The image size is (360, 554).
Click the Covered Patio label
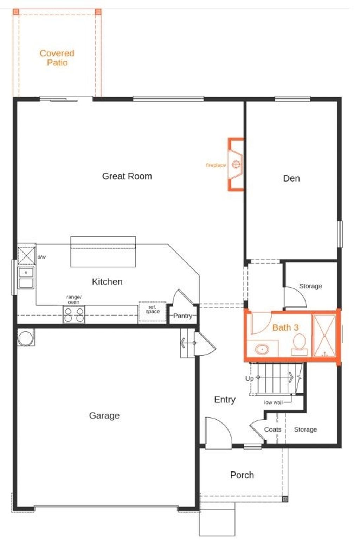57,58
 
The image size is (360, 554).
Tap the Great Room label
127,176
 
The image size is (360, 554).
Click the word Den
291,178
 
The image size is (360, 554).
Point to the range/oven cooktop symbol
74,314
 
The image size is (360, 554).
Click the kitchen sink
26,278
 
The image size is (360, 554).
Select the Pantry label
183,316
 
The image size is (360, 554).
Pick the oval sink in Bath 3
262,349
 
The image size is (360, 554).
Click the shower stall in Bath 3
324,336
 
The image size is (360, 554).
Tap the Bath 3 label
285,327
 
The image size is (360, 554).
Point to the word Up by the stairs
249,378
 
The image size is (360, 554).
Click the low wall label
273,402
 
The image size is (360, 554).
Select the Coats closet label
272,429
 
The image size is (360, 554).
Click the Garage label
104,415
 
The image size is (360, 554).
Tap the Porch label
242,475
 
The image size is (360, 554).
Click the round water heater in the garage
25,338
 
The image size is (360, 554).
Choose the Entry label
225,400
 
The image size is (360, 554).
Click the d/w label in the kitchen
41,257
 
